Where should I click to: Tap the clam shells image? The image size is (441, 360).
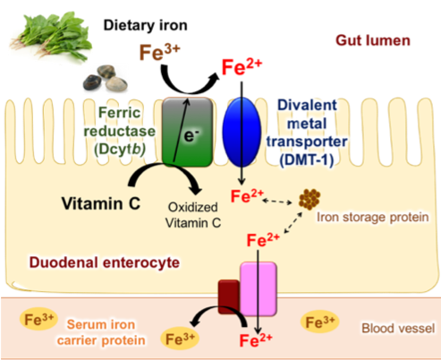pos(106,78)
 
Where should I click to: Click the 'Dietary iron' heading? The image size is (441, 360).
pos(145,25)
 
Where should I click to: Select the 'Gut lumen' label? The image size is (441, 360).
pos(373,40)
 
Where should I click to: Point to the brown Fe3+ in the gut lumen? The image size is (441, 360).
pos(159,52)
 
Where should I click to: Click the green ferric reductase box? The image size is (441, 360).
pos(188,132)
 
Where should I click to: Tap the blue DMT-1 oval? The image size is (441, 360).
pos(242,132)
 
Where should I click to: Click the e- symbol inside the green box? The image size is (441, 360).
pos(191,135)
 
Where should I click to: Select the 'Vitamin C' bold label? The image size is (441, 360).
pos(101,203)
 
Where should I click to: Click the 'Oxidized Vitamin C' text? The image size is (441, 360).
pos(193,215)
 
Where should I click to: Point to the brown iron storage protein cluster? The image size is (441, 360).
pos(310,199)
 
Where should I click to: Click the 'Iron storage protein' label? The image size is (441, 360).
pos(372,217)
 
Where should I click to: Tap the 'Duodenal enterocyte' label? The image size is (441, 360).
pos(105,262)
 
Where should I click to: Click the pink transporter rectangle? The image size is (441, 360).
pos(259,288)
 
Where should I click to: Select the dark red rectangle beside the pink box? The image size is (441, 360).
pos(229,296)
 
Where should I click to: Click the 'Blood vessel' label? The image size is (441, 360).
pos(398,328)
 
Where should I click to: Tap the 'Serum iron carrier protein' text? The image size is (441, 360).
pos(101,332)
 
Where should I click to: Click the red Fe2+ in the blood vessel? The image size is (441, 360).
pos(256,340)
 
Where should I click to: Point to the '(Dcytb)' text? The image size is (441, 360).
pos(120,150)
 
